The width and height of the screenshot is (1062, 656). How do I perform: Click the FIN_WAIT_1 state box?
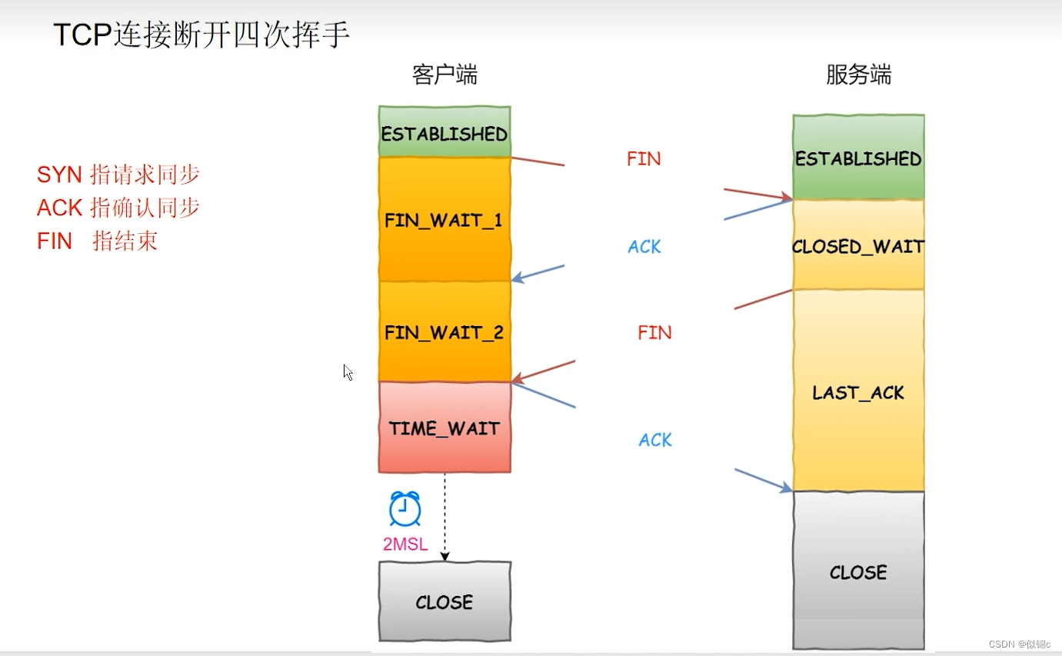click(444, 220)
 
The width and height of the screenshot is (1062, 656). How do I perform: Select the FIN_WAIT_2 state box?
click(444, 332)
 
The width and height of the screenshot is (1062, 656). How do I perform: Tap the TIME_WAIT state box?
click(444, 428)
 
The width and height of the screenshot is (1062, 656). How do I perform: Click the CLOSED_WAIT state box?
click(858, 246)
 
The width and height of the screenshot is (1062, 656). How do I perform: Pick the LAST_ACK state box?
click(858, 392)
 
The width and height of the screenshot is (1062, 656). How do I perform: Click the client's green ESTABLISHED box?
click(444, 133)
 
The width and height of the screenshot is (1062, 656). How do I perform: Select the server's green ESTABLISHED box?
click(858, 158)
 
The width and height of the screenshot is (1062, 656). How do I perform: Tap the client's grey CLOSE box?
click(444, 601)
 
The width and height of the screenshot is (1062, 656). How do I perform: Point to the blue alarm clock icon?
click(404, 508)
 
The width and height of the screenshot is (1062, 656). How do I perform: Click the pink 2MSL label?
click(405, 544)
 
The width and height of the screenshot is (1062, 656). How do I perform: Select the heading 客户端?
click(444, 75)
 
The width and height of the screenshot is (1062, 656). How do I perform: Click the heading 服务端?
click(858, 75)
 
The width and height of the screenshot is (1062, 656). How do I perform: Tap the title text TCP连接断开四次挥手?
click(201, 35)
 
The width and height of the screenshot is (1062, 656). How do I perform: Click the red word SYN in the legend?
click(59, 175)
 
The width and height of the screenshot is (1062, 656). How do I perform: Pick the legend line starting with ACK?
click(118, 208)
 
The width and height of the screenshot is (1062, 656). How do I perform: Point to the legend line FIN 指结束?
click(97, 241)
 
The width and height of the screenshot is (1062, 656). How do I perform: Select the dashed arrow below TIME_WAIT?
click(444, 515)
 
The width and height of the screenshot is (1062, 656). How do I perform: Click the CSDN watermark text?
click(1020, 644)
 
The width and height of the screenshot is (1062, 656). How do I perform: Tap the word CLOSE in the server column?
click(858, 572)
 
